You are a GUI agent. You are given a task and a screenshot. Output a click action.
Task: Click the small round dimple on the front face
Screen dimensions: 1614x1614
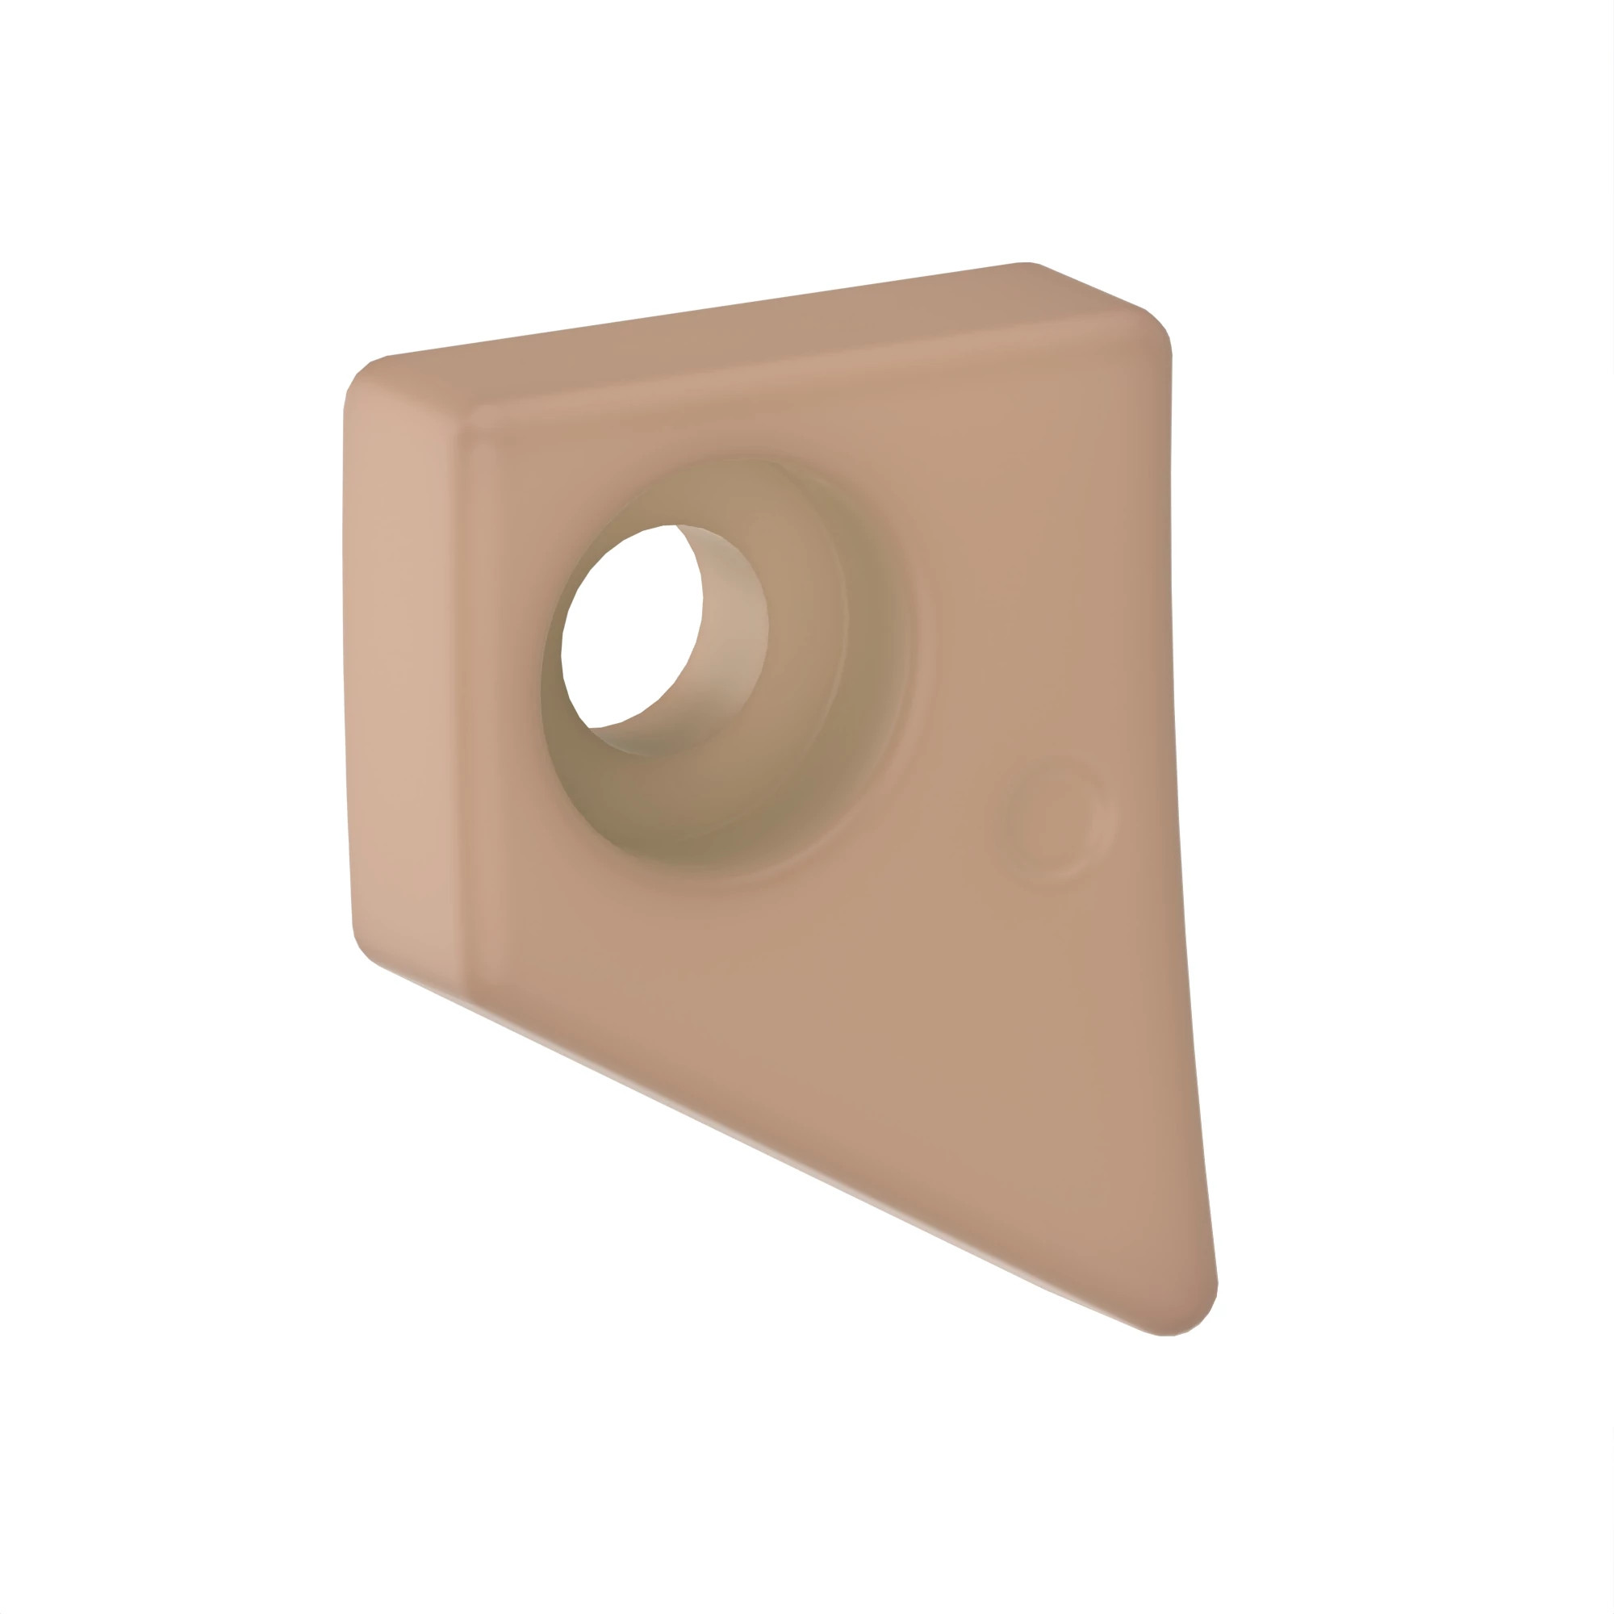[1051, 822]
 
